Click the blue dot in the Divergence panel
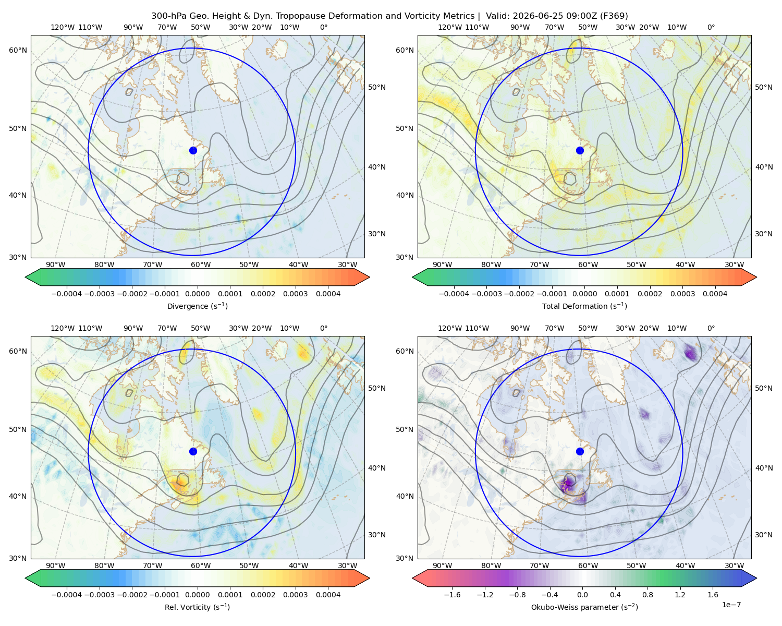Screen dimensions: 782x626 [193, 150]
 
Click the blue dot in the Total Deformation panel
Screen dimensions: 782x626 [580, 150]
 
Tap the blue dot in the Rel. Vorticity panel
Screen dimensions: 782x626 [193, 451]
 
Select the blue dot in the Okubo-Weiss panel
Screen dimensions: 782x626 [580, 451]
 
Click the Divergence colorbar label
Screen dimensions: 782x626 [197, 306]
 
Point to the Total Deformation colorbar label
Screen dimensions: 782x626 [584, 306]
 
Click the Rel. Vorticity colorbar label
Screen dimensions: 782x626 [197, 607]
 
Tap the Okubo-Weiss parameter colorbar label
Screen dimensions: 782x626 [584, 607]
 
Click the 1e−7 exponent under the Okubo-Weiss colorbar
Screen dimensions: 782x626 [731, 605]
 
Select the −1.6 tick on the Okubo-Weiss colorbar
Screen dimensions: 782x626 [452, 594]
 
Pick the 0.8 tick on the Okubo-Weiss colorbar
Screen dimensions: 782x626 [647, 594]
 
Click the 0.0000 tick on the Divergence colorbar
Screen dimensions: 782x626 [197, 294]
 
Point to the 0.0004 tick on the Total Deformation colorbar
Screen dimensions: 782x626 [715, 294]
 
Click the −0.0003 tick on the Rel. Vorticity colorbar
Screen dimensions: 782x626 [99, 594]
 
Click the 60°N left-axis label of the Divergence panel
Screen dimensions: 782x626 [18, 50]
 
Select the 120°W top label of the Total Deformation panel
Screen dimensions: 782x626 [450, 27]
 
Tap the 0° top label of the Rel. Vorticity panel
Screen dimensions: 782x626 [324, 328]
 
